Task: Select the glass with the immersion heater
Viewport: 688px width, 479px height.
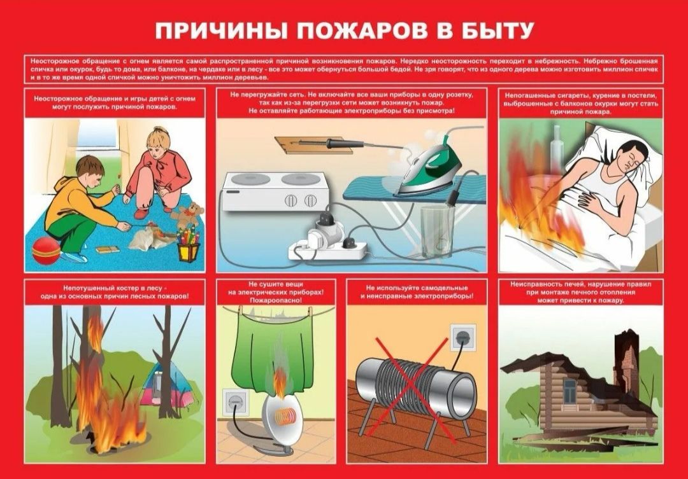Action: coord(438,231)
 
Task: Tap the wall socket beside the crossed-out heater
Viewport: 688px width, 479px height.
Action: coord(462,337)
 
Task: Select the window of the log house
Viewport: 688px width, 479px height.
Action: coord(569,391)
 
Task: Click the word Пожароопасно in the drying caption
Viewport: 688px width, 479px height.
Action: coord(276,301)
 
